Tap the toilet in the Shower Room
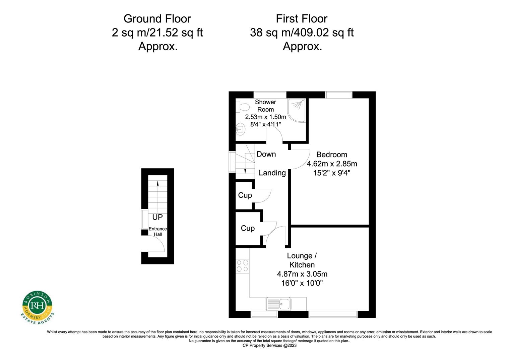242,107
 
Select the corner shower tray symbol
297,110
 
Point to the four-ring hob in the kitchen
242,266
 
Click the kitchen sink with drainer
278,304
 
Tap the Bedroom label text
332,155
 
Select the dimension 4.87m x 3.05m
302,274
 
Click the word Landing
272,173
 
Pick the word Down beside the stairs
266,154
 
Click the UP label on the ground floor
157,217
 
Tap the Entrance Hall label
157,232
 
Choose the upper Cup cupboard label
245,195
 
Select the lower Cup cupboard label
248,228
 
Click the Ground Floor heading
157,19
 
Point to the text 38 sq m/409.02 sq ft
302,33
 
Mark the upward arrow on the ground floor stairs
157,183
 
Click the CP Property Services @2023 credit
269,346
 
